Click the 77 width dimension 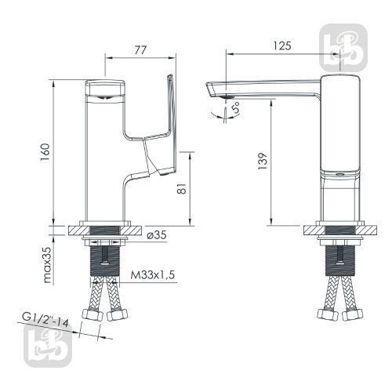click(x=140, y=50)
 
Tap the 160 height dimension click(x=45, y=152)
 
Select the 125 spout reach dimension click(x=282, y=45)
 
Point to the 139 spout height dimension click(x=263, y=161)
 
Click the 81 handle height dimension click(x=182, y=188)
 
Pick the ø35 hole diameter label click(x=157, y=235)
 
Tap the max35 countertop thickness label click(x=48, y=265)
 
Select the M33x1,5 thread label click(x=153, y=274)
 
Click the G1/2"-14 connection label click(x=45, y=319)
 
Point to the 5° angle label click(x=236, y=107)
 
